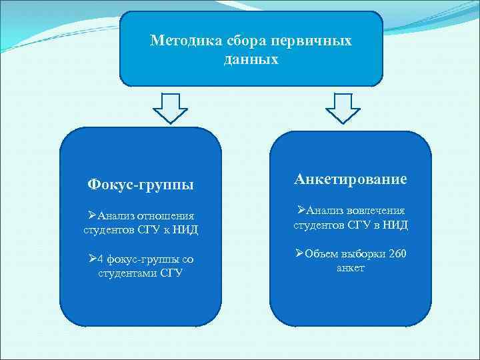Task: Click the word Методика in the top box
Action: point(176,41)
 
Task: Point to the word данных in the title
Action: point(251,59)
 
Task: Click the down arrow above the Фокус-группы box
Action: point(172,107)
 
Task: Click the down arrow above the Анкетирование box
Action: point(343,107)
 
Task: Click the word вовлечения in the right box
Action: point(377,211)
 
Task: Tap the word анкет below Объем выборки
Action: point(351,268)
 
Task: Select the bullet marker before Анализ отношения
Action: point(92,215)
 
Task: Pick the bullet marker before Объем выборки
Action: point(299,254)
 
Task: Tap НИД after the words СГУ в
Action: point(393,225)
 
